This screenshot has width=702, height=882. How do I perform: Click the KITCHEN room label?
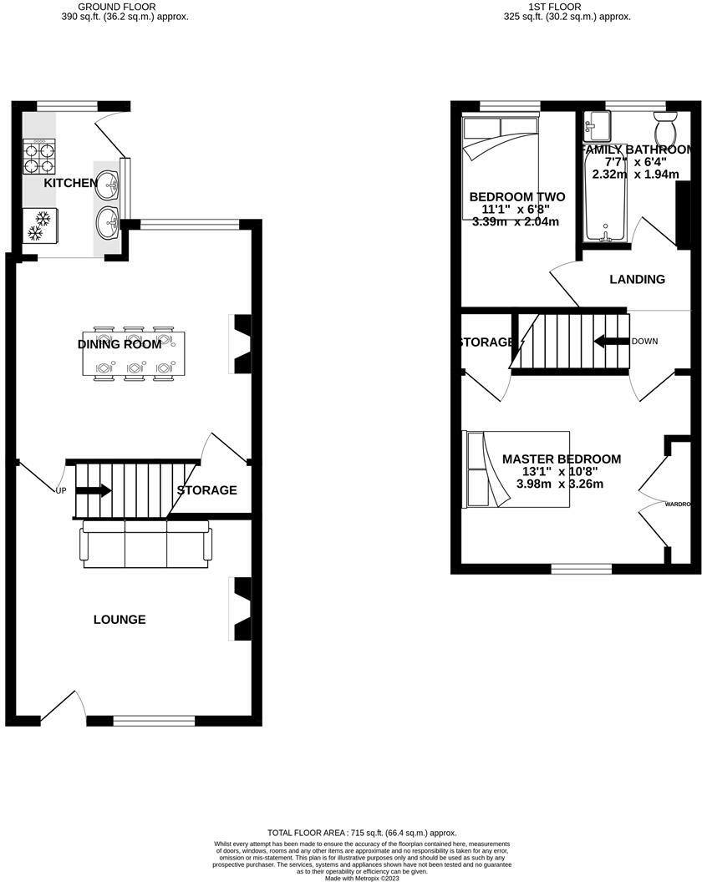click(x=71, y=183)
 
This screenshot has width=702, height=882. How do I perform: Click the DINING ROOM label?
click(x=120, y=344)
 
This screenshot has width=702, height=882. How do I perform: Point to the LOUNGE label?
click(x=120, y=620)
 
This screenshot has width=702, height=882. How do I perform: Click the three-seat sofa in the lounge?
click(x=145, y=543)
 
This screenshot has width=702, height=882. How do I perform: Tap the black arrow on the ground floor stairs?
click(x=94, y=490)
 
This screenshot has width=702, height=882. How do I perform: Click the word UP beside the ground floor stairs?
click(x=60, y=490)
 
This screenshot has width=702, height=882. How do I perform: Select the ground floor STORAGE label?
click(x=206, y=490)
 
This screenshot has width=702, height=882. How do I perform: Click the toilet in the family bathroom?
click(x=666, y=132)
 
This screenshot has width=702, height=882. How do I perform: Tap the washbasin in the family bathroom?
click(x=598, y=126)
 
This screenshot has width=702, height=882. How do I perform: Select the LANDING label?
click(x=637, y=279)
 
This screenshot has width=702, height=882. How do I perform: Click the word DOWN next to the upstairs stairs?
click(x=644, y=342)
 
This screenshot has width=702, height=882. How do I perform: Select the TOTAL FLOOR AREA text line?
click(x=362, y=833)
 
